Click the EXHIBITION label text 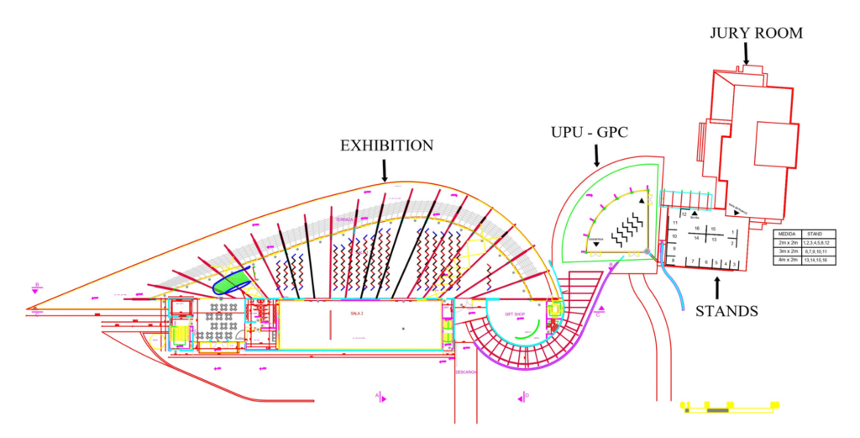[x=386, y=145]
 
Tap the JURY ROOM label [x=756, y=34]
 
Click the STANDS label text [x=726, y=311]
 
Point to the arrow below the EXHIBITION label [x=385, y=171]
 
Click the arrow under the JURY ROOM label [x=745, y=54]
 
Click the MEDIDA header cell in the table [x=787, y=233]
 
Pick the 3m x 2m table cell [x=787, y=251]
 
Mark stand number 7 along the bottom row [x=693, y=262]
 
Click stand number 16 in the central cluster [x=697, y=229]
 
